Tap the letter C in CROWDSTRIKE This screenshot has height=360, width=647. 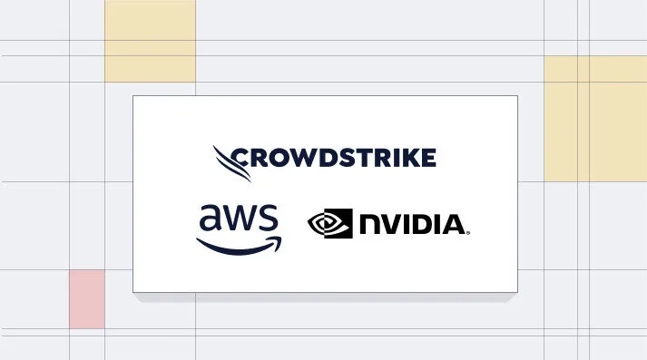coord(241,158)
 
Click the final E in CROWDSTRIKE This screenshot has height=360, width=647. coord(426,158)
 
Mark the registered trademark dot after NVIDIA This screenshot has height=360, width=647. coord(468,232)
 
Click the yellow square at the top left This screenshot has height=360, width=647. coord(150,41)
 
